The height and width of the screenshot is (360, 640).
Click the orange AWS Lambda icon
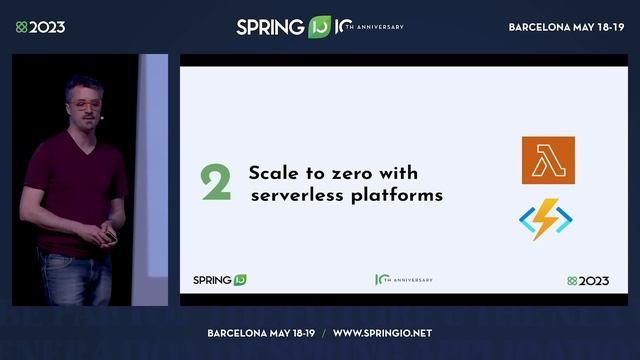coord(548,160)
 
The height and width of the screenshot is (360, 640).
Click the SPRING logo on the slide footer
coord(218,280)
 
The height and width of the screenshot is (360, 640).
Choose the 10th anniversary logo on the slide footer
coord(403,280)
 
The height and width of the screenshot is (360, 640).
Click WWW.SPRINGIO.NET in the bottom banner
coord(382,332)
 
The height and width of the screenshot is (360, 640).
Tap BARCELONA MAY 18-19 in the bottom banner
coord(263,332)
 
